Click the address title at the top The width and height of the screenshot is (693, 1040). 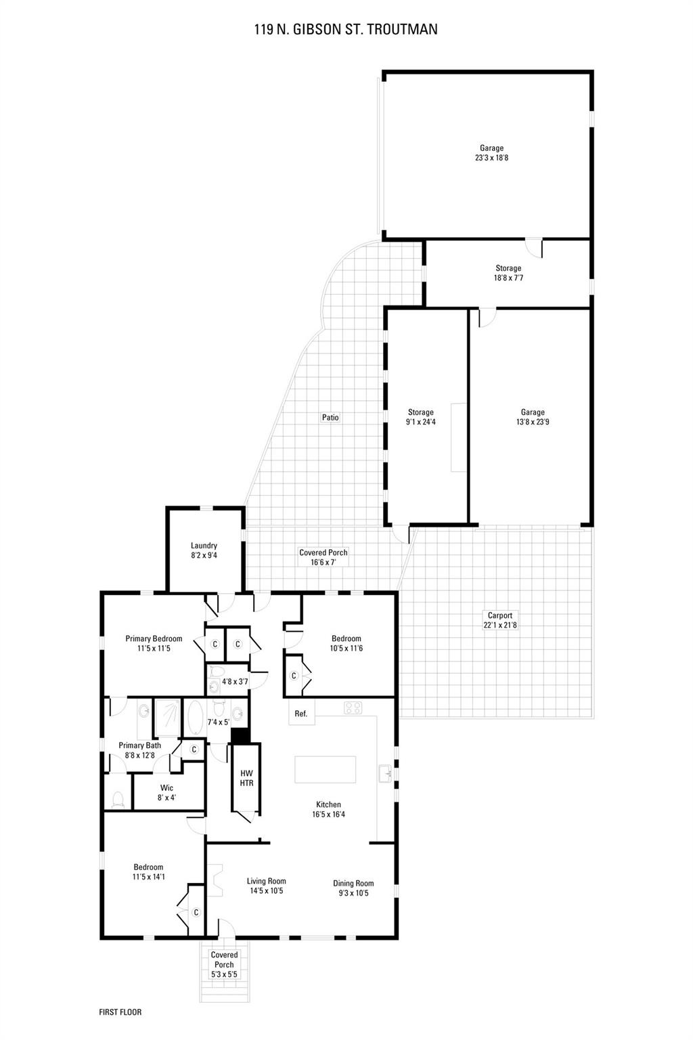point(346,30)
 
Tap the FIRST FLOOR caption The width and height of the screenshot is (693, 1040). point(120,1012)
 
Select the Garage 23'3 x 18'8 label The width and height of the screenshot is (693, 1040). point(491,153)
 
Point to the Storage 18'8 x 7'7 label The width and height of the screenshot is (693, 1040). point(508,273)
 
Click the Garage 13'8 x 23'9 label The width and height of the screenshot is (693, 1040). point(533,417)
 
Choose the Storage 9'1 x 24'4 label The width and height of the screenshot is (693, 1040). point(420,417)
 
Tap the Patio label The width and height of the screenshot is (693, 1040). point(330,417)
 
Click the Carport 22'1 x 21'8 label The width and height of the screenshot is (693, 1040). point(500,620)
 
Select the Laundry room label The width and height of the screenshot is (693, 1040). point(204,550)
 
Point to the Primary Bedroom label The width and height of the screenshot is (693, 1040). point(154,643)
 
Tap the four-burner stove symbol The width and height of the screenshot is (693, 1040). point(353,708)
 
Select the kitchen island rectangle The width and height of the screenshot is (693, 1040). point(326,769)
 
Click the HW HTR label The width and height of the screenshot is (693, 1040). point(246,778)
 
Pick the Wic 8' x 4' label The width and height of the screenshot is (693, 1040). point(166,793)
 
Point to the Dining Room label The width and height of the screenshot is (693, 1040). point(353,888)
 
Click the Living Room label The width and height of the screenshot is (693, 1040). point(266,886)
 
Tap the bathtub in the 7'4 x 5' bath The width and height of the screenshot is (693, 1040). point(194,717)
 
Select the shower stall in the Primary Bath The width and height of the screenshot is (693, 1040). point(168,718)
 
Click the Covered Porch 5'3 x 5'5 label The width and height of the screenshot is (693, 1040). point(224,964)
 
